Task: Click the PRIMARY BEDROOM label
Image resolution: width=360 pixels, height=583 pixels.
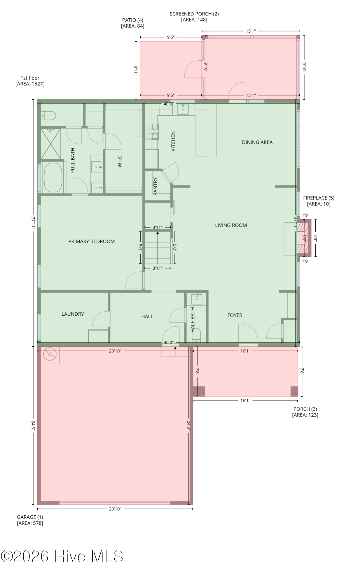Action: [91, 241]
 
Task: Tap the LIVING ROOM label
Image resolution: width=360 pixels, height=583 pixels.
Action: [231, 225]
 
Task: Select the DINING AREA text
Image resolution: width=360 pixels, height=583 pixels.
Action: [257, 142]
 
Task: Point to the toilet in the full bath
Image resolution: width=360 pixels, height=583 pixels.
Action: [49, 116]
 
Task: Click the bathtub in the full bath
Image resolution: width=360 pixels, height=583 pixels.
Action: [53, 177]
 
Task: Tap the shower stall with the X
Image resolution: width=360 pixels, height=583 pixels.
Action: [51, 144]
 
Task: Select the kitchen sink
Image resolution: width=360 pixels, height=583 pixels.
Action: [183, 109]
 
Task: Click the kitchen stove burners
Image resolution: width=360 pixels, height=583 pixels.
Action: [152, 131]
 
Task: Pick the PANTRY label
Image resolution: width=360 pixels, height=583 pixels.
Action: [155, 186]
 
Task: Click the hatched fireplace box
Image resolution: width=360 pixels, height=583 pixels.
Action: [305, 238]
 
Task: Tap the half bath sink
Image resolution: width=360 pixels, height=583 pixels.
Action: [197, 299]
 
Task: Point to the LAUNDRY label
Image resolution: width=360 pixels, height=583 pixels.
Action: [73, 314]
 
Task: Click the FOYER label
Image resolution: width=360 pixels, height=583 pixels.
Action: [235, 315]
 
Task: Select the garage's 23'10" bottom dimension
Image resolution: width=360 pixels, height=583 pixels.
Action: [115, 509]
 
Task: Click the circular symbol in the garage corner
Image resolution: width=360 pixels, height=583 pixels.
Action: [50, 354]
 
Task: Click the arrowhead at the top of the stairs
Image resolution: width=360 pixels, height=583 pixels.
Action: [158, 233]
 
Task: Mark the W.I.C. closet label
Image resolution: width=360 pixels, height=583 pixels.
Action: [120, 161]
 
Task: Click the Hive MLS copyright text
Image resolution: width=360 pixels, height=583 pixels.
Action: [62, 556]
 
